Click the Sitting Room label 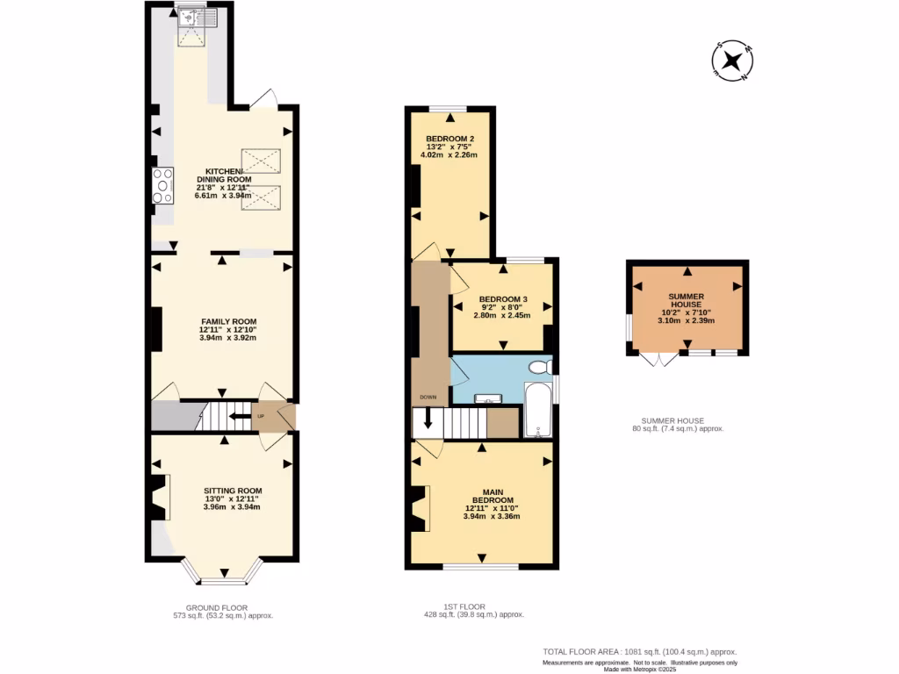(233, 498)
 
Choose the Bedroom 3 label (503, 307)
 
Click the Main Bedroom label (492, 504)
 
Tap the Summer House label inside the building (687, 308)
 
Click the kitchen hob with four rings (162, 186)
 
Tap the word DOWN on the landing (428, 397)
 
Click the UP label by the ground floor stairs (261, 416)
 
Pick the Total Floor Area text (639, 652)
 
